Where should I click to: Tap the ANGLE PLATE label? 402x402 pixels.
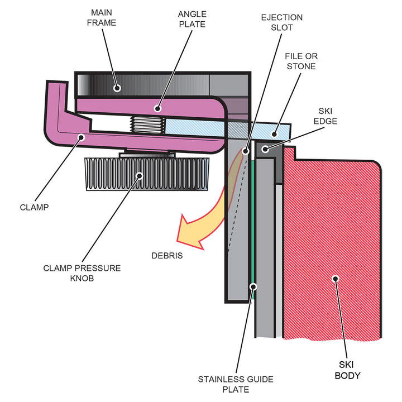click(191, 18)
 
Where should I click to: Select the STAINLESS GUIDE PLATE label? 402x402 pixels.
click(236, 385)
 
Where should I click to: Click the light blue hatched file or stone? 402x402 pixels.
click(223, 129)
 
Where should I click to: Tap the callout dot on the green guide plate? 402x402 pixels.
click(253, 287)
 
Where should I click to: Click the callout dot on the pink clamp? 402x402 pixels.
click(81, 136)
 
